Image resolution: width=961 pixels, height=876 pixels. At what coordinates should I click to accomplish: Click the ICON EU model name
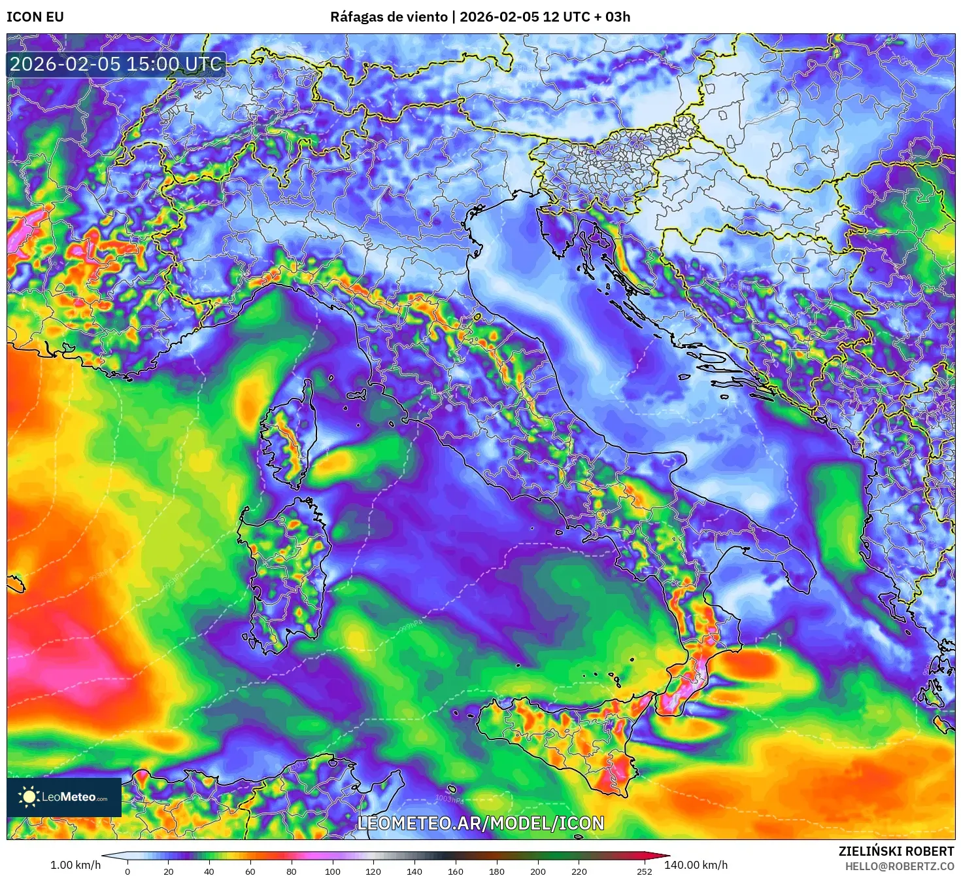tap(35, 17)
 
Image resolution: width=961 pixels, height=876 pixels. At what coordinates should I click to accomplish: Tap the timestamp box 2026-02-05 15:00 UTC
tap(116, 64)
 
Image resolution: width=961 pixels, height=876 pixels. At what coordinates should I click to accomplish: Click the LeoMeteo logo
tap(64, 797)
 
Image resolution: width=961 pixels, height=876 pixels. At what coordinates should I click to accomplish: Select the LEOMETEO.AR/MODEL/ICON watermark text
tap(480, 823)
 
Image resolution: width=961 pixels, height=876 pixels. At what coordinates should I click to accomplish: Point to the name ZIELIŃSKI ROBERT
tap(896, 851)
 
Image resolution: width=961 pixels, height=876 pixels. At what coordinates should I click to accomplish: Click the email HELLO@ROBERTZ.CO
tap(899, 866)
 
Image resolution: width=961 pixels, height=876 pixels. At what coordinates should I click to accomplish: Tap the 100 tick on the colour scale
tap(333, 871)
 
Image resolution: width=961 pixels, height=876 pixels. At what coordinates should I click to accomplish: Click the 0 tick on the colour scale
tap(127, 871)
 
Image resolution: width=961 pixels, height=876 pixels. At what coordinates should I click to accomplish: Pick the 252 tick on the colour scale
tap(645, 871)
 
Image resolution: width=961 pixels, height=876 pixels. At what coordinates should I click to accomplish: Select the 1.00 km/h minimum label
tap(75, 865)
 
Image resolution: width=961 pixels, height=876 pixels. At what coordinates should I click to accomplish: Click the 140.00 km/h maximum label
tap(696, 865)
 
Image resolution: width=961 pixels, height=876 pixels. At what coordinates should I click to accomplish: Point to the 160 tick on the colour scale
tap(456, 871)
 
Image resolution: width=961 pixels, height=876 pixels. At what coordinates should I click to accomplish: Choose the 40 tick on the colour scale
tap(209, 871)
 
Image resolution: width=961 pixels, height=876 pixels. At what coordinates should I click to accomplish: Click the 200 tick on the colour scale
tap(538, 871)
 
